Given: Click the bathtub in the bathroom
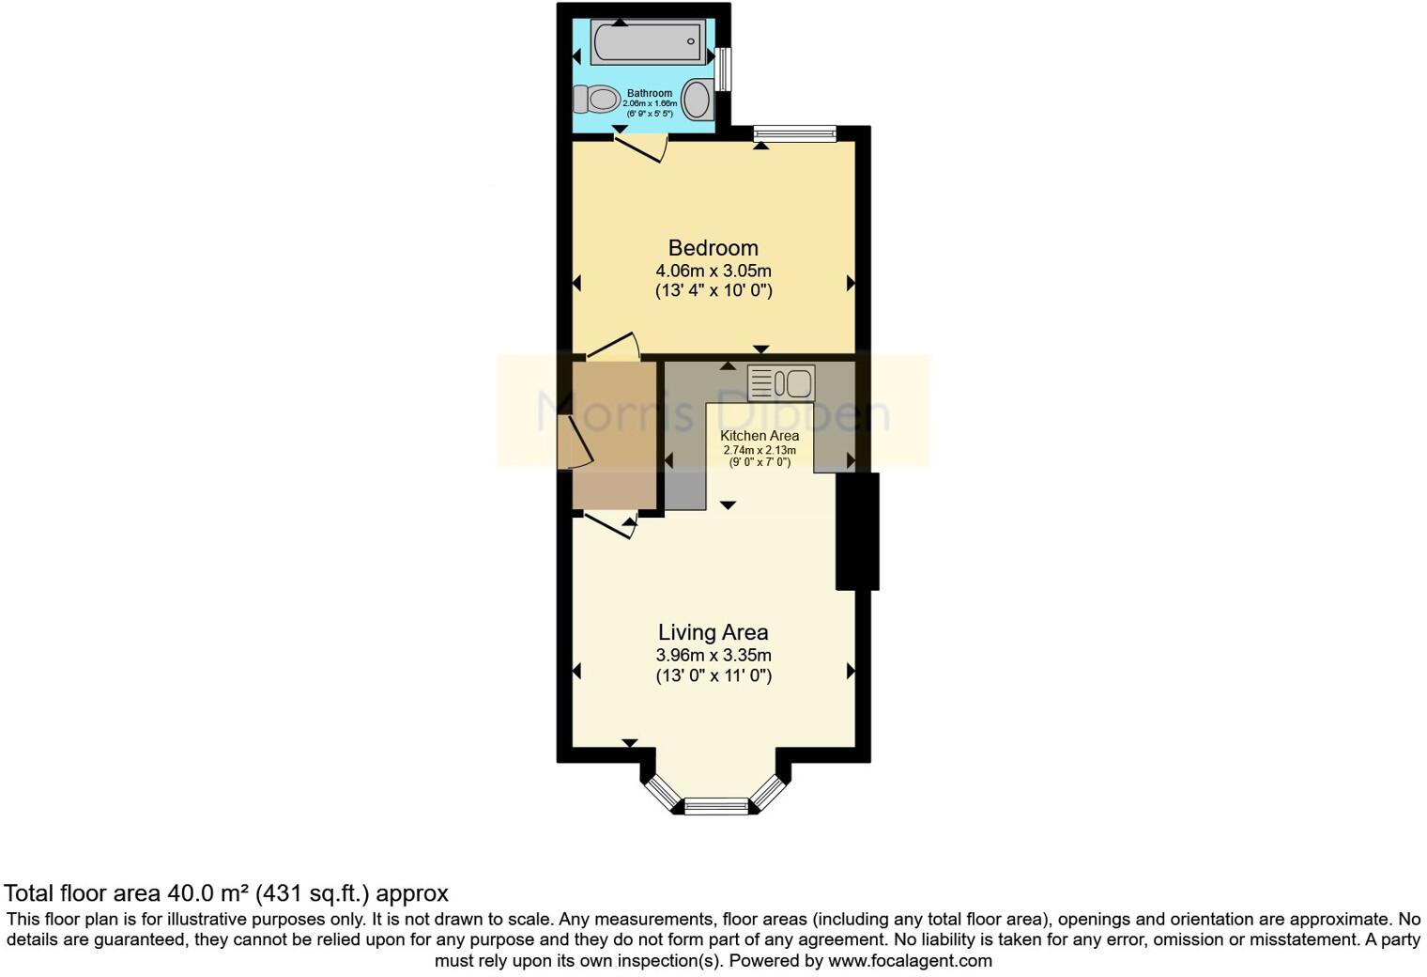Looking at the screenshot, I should tap(647, 42).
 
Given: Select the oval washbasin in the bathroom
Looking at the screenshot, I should tap(697, 99).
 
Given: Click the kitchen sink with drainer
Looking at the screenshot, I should tap(781, 383).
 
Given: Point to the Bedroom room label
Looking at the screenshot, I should tap(713, 248).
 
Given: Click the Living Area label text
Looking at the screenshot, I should tap(713, 633).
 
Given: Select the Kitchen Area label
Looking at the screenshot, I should tap(760, 436).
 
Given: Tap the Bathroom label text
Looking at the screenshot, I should tap(650, 93).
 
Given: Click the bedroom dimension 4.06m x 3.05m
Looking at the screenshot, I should tap(713, 271).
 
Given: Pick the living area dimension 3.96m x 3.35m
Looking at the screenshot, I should tap(713, 656).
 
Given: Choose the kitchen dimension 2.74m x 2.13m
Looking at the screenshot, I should tap(760, 450).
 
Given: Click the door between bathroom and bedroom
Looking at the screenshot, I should tap(640, 147).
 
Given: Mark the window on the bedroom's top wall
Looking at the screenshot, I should tap(794, 134).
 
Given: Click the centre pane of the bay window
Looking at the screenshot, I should tap(716, 805).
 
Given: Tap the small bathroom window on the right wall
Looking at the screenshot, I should tap(722, 69).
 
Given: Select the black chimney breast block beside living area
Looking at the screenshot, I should tap(857, 531).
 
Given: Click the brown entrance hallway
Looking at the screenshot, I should tap(615, 434).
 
